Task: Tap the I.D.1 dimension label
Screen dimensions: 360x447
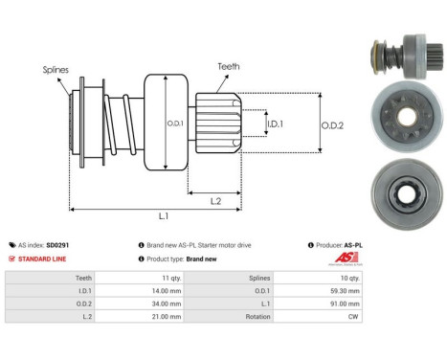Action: [276, 124]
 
